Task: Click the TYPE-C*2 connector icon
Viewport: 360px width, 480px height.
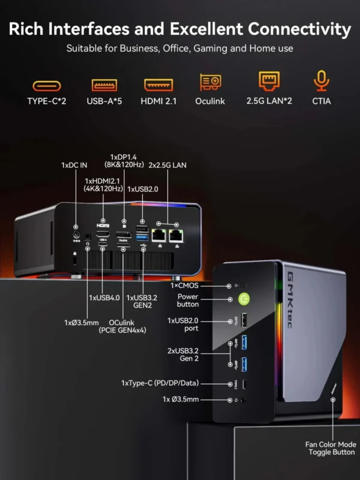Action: click(46, 85)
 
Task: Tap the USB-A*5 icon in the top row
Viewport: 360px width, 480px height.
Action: click(104, 85)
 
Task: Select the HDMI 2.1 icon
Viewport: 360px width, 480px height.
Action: click(158, 85)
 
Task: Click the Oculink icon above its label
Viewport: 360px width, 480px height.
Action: click(210, 82)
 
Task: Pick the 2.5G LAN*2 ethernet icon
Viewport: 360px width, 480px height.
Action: click(269, 82)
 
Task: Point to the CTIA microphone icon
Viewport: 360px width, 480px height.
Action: click(321, 82)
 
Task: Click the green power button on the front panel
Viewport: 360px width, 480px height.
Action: click(244, 298)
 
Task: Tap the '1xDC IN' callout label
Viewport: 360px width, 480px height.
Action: click(74, 164)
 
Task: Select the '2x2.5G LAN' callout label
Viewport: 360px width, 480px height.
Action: click(167, 164)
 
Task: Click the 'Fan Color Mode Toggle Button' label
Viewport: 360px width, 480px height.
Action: click(331, 448)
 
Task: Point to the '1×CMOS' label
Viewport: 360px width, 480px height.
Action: click(200, 286)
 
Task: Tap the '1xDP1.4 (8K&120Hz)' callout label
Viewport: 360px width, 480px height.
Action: click(123, 161)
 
